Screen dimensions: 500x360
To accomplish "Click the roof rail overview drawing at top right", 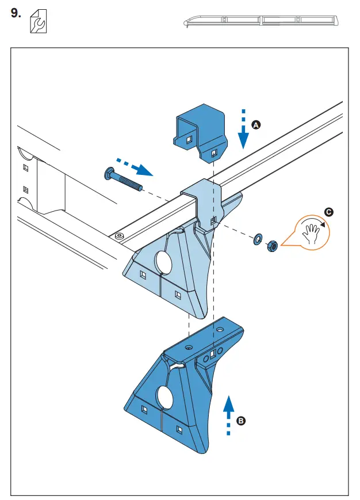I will pos(261,21).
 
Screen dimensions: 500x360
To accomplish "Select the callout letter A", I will pos(256,124).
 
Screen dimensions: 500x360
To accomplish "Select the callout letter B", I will pos(242,421).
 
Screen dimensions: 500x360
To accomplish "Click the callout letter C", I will pos(328,212).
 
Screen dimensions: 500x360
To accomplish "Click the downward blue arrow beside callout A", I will pos(243,129).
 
